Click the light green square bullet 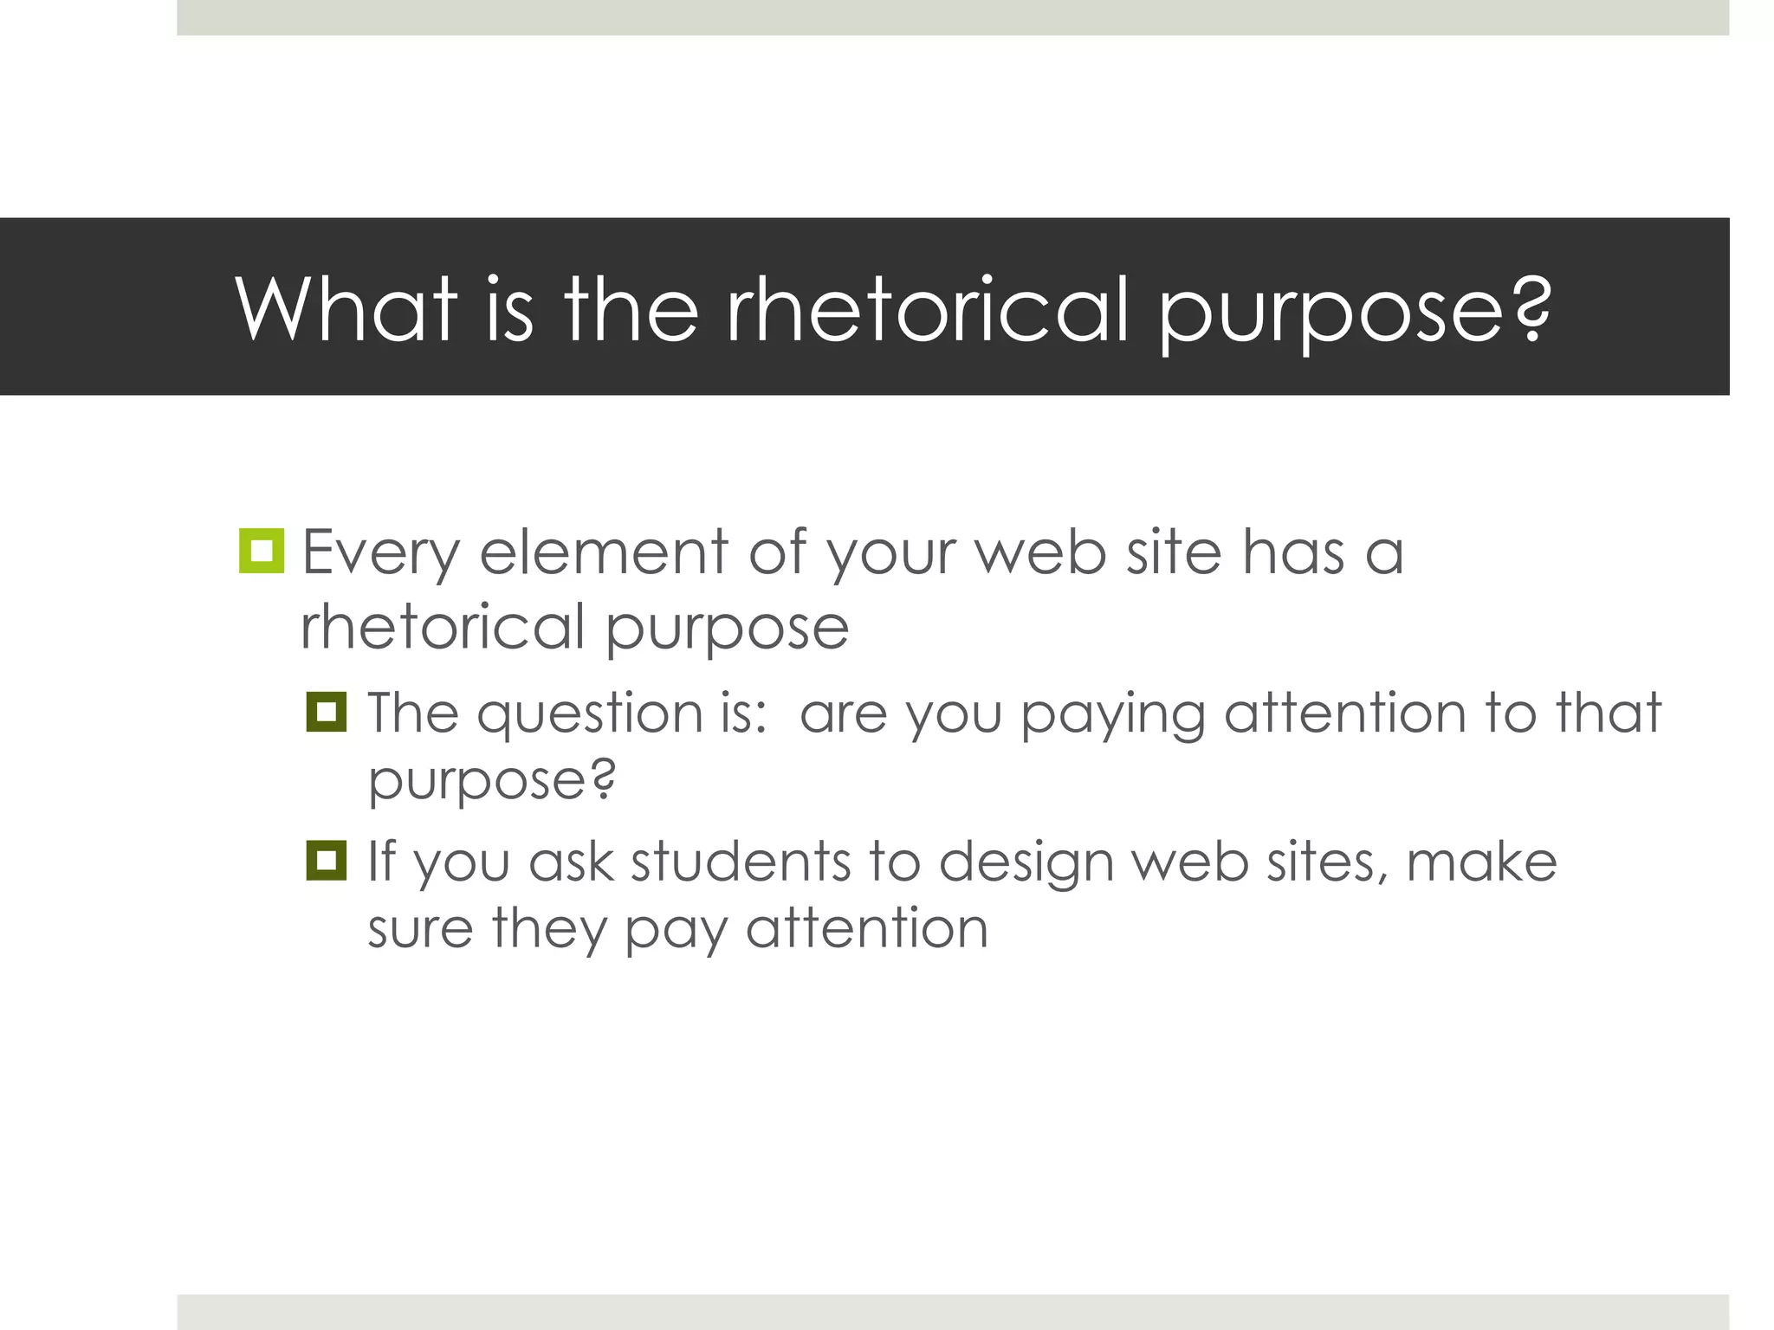point(261,551)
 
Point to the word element point(604,552)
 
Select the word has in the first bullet point(1294,552)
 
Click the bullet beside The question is point(327,712)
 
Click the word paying point(1112,713)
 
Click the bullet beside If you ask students point(327,861)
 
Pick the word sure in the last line point(419,928)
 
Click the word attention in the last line point(866,928)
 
